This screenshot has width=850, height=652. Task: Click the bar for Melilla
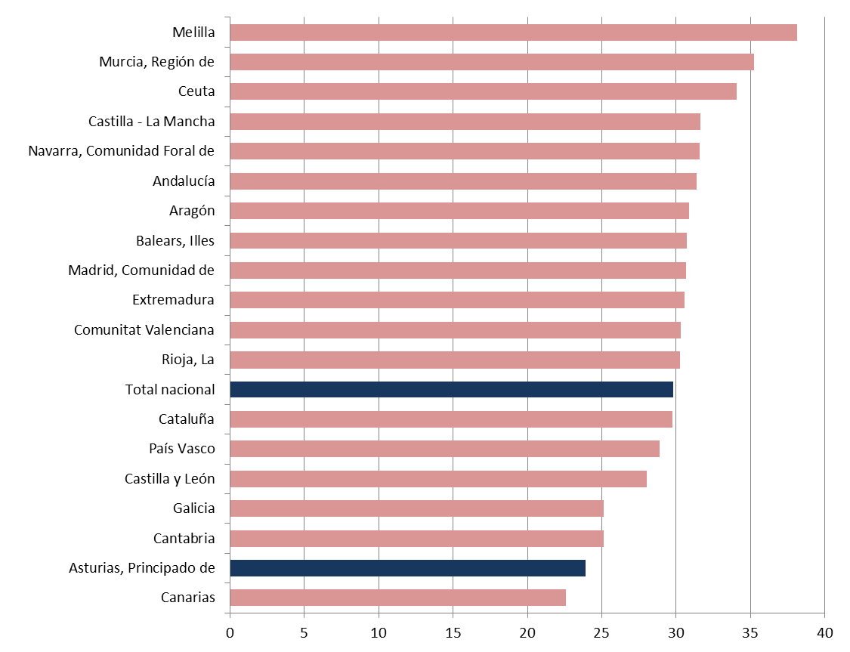[513, 32]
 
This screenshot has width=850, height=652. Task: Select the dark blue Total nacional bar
[451, 390]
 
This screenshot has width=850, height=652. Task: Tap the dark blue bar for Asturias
[407, 568]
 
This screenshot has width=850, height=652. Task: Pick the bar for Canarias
[397, 598]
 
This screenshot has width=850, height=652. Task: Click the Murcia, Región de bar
[492, 62]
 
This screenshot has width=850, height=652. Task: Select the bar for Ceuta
[483, 91]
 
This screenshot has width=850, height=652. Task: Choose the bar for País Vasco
[444, 449]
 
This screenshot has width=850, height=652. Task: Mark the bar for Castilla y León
[438, 479]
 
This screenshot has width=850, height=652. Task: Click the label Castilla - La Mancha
[151, 122]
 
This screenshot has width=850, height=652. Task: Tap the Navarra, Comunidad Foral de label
[121, 151]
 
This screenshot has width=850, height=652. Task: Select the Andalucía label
[184, 181]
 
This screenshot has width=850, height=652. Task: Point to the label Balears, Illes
[175, 241]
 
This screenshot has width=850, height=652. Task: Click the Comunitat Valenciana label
[144, 330]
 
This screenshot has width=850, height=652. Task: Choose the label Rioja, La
[188, 360]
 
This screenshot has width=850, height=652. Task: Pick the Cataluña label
[187, 419]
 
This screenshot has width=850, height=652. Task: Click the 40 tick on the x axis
[824, 632]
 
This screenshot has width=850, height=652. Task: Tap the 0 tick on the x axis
[230, 632]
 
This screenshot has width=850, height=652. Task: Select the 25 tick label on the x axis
[601, 632]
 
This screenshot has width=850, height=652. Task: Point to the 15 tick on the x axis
[453, 632]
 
